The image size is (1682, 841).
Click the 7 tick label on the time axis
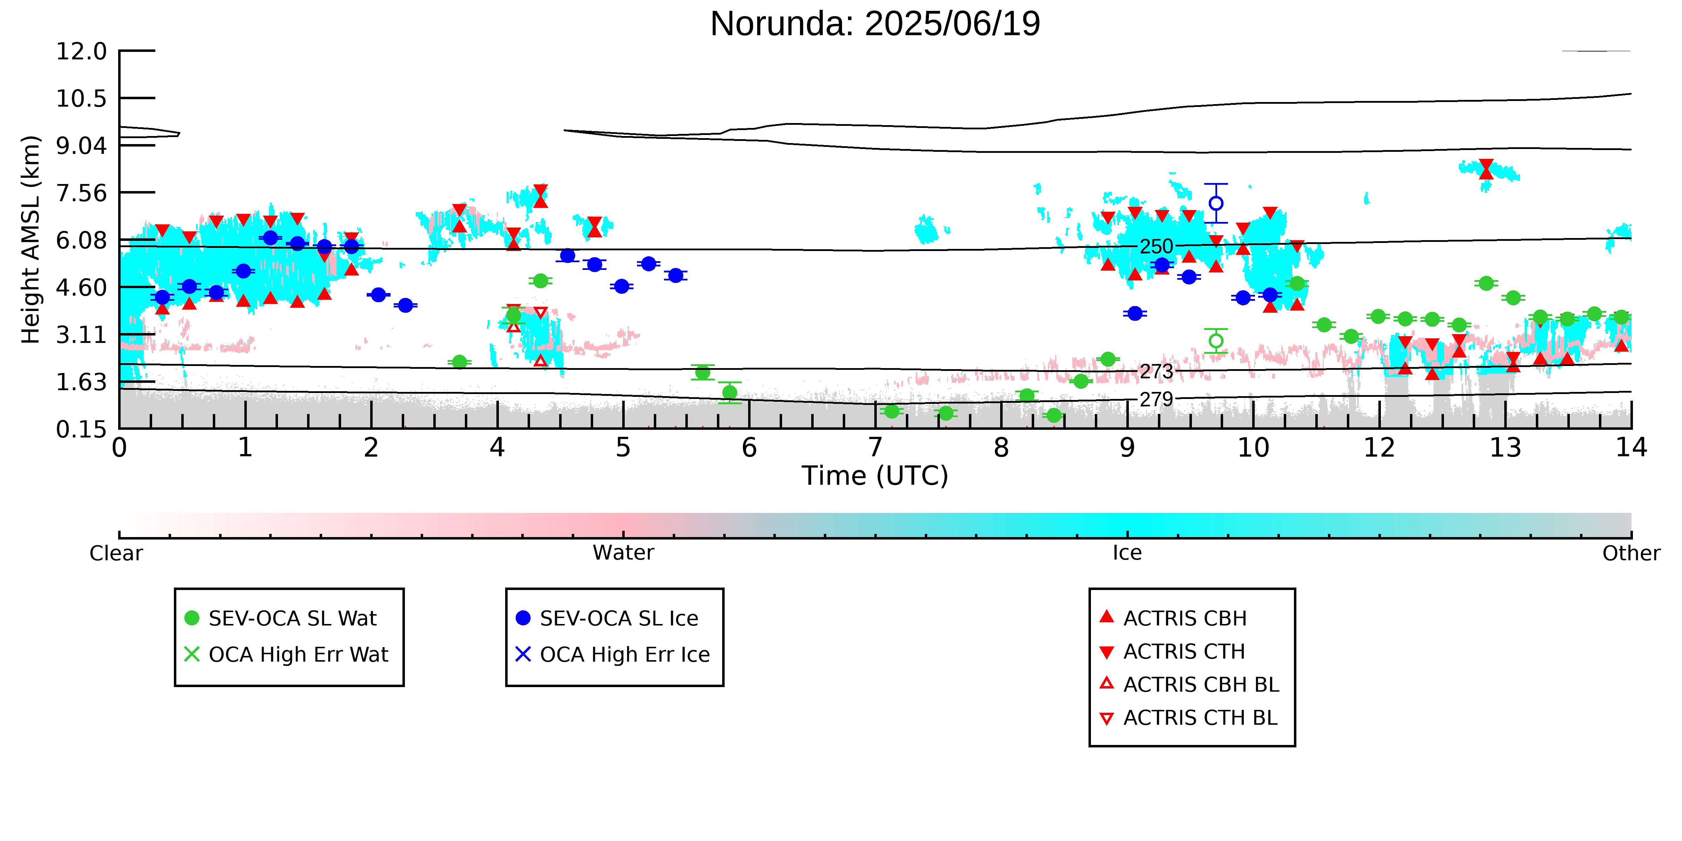click(x=875, y=448)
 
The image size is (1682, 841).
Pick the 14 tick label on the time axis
click(x=1631, y=448)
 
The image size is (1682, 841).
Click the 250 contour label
click(x=1157, y=247)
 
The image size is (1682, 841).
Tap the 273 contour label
click(x=1157, y=372)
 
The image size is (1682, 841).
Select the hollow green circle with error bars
click(x=1216, y=341)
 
